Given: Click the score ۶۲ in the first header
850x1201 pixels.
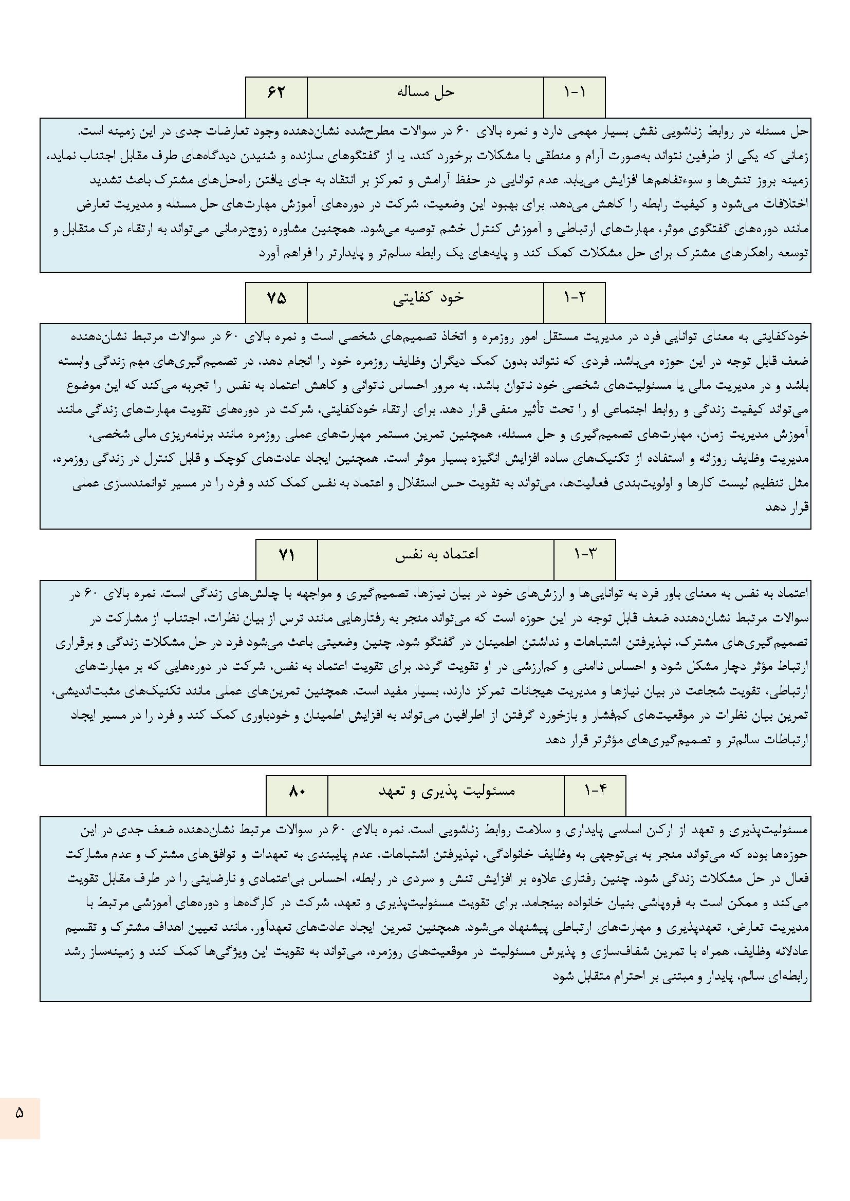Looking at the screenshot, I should click(x=276, y=92).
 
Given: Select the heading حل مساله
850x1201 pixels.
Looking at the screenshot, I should click(x=425, y=92).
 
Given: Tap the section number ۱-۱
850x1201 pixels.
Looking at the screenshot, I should click(x=574, y=92).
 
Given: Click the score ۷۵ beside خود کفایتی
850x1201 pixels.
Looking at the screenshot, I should click(x=276, y=297).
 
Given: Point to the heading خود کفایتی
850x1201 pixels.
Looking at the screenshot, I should click(x=428, y=297).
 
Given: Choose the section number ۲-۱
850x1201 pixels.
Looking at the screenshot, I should click(x=574, y=297).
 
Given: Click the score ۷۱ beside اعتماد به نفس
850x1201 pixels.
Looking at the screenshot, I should click(x=286, y=555).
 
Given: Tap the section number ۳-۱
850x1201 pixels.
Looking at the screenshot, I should click(x=585, y=555).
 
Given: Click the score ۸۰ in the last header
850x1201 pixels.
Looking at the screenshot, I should click(x=297, y=792).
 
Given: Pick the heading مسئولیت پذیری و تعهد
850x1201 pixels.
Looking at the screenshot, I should click(x=447, y=792).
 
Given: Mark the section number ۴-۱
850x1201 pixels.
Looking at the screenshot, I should click(x=595, y=792).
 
